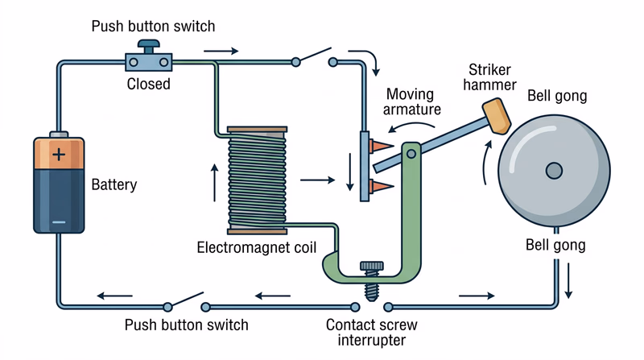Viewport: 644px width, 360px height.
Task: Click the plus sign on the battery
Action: pyautogui.click(x=59, y=154)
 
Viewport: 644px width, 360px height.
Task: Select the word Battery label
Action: pyautogui.click(x=114, y=185)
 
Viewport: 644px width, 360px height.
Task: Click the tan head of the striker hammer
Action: pyautogui.click(x=496, y=115)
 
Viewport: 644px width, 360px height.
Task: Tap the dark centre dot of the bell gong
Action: pyautogui.click(x=553, y=170)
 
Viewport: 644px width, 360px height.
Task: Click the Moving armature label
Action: pyautogui.click(x=412, y=101)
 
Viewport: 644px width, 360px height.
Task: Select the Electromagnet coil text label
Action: pyautogui.click(x=256, y=246)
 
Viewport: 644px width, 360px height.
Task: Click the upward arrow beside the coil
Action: pyautogui.click(x=214, y=181)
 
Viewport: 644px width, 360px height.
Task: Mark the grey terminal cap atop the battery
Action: pyautogui.click(x=59, y=134)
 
